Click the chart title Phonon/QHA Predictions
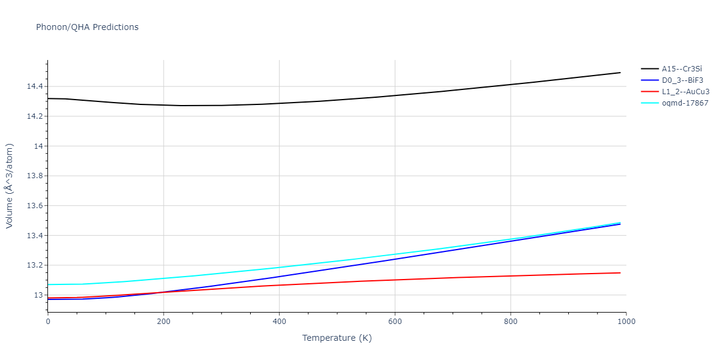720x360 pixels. pyautogui.click(x=87, y=27)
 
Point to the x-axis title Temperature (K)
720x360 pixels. pyautogui.click(x=337, y=338)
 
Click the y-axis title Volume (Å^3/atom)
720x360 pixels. pyautogui.click(x=10, y=186)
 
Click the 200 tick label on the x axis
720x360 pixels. pyautogui.click(x=163, y=322)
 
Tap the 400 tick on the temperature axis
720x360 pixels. pyautogui.click(x=279, y=322)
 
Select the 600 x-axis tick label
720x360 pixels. pyautogui.click(x=395, y=322)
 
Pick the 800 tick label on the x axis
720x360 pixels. pyautogui.click(x=510, y=322)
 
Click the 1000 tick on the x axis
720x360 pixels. pyautogui.click(x=626, y=322)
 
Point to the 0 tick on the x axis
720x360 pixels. pyautogui.click(x=48, y=322)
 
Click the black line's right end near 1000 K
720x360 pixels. pyautogui.click(x=620, y=73)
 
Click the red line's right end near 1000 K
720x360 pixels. pyautogui.click(x=620, y=273)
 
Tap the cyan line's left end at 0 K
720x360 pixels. pyautogui.click(x=49, y=284)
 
